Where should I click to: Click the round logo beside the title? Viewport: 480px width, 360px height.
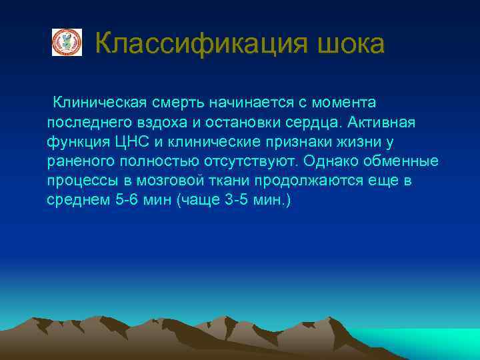67,43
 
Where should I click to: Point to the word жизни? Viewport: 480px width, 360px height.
359,142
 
